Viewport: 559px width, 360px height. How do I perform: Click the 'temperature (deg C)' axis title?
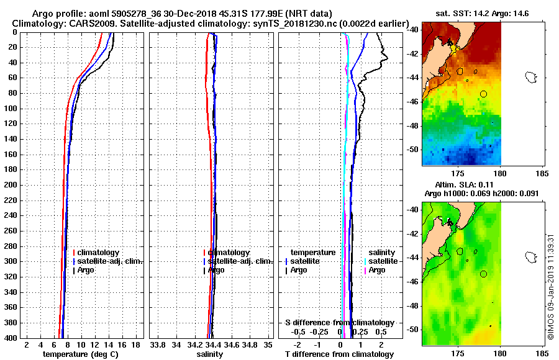click(80, 354)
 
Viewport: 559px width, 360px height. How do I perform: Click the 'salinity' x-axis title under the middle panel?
click(209, 354)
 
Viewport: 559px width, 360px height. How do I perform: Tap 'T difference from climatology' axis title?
click(340, 354)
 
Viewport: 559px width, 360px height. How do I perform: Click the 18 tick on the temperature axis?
click(135, 344)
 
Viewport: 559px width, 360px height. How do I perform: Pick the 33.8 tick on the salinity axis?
click(158, 344)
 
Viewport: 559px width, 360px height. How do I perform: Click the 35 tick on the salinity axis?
click(268, 344)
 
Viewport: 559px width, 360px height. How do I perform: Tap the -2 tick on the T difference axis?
click(298, 344)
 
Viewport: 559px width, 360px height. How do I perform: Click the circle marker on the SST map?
click(483, 94)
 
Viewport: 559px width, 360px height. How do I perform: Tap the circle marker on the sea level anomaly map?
click(483, 274)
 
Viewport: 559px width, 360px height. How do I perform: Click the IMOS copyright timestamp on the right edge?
click(551, 282)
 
